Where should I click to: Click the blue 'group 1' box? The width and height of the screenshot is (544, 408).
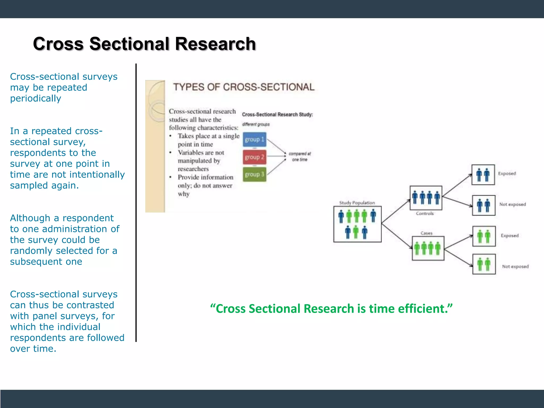pos(254,139)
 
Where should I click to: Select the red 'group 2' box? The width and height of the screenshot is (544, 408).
pos(254,157)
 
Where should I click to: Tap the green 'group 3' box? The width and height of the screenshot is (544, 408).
pos(254,174)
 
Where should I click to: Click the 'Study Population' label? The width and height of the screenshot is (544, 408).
pos(357,203)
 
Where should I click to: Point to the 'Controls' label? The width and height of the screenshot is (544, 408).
pos(424,213)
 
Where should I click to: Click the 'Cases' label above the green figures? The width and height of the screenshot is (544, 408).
pos(426,233)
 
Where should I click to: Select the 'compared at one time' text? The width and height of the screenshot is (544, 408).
pos(300,156)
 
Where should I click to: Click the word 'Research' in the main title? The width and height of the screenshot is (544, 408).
pos(215,44)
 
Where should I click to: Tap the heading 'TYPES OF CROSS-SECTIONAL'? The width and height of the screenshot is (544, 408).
pos(244,87)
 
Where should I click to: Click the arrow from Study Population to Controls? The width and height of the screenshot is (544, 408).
pos(396,211)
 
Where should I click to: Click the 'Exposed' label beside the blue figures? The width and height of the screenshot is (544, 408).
pos(507,173)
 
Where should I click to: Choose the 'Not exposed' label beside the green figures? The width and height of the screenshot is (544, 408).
pos(515,266)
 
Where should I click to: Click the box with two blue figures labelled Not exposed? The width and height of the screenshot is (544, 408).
pos(483,205)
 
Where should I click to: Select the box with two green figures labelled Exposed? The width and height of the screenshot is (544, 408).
pos(484,236)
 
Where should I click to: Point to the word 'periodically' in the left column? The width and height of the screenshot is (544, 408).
pos(36,99)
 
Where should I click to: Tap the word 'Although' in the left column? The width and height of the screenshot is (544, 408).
pos(30,218)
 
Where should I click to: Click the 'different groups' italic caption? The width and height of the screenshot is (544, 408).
pos(256,124)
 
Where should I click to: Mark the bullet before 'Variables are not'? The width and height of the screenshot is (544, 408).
pos(171,152)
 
